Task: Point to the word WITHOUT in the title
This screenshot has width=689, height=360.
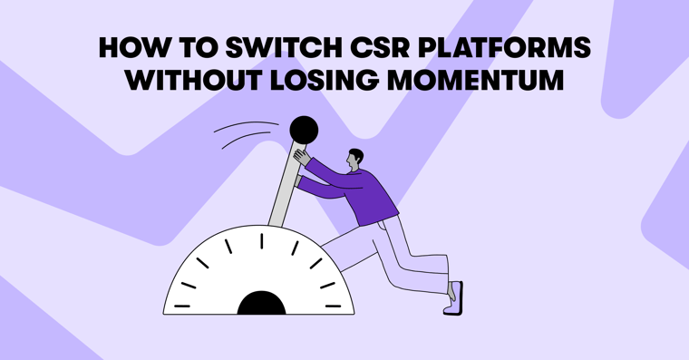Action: coord(184,79)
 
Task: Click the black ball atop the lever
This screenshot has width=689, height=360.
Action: coord(304,130)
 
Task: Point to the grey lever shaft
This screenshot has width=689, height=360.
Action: coord(283,190)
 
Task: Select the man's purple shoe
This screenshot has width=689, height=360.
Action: coord(454,298)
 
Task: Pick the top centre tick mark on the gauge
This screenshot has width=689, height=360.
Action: coord(262,240)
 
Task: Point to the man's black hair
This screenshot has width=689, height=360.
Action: coord(355,154)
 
